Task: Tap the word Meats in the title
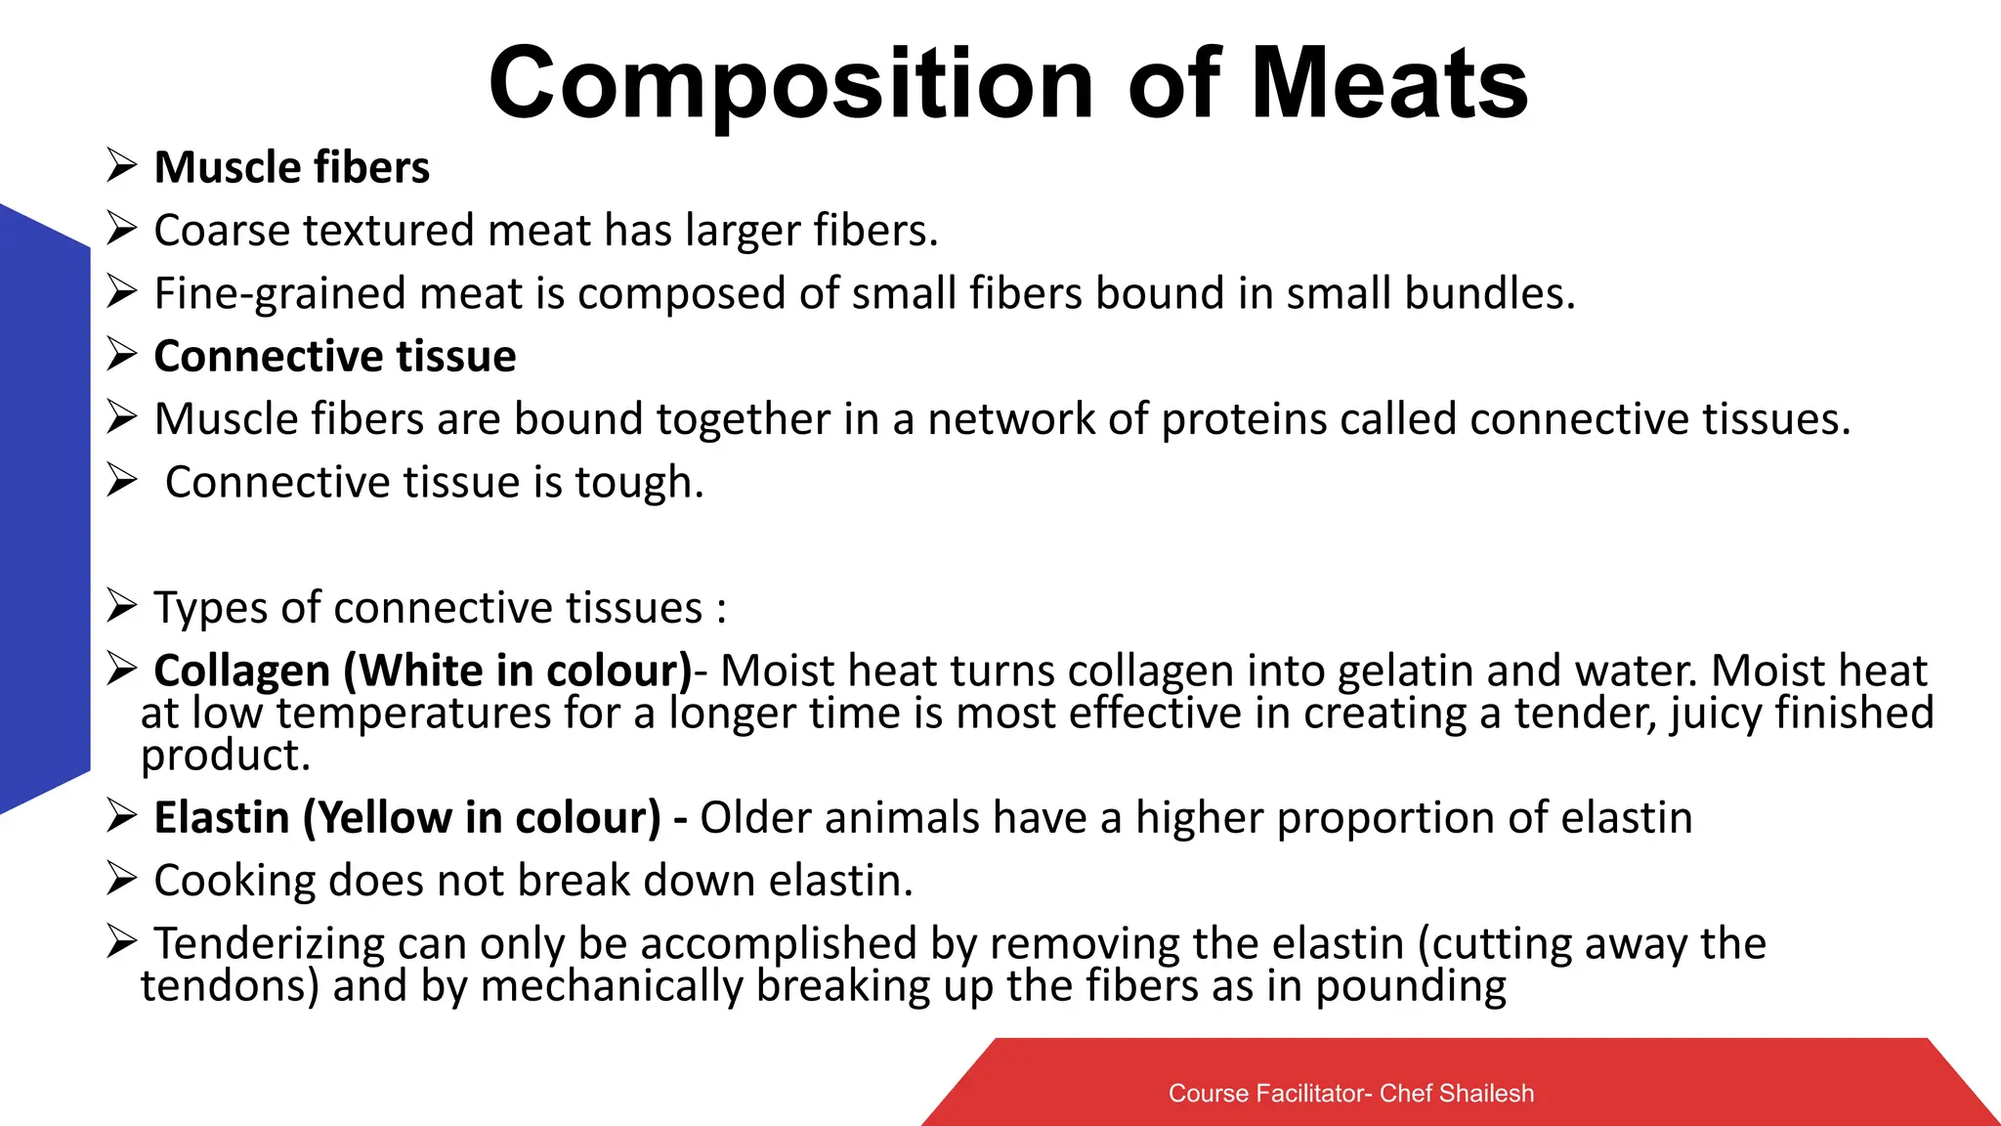click(1389, 86)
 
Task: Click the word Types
click(211, 608)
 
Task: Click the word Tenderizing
click(263, 944)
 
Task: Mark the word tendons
click(229, 986)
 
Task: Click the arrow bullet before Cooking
click(121, 880)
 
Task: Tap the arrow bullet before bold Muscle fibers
click(121, 166)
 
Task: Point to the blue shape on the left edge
click(44, 508)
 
